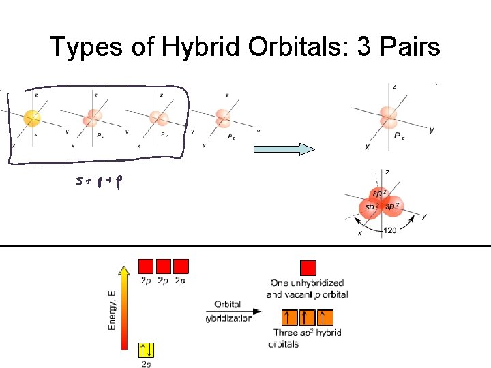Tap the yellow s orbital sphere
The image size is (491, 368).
tap(32, 119)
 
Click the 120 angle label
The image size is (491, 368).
tap(391, 231)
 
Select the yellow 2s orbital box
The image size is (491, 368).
tap(146, 350)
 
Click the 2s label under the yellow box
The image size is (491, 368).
tap(146, 365)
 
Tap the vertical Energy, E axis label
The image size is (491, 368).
tap(112, 310)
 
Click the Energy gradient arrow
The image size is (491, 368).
tap(125, 299)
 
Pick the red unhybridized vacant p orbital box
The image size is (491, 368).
tap(309, 267)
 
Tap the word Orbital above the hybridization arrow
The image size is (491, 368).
tap(228, 305)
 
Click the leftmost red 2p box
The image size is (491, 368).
tap(146, 266)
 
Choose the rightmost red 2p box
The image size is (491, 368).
tap(181, 266)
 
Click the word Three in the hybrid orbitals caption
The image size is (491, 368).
tap(285, 333)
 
